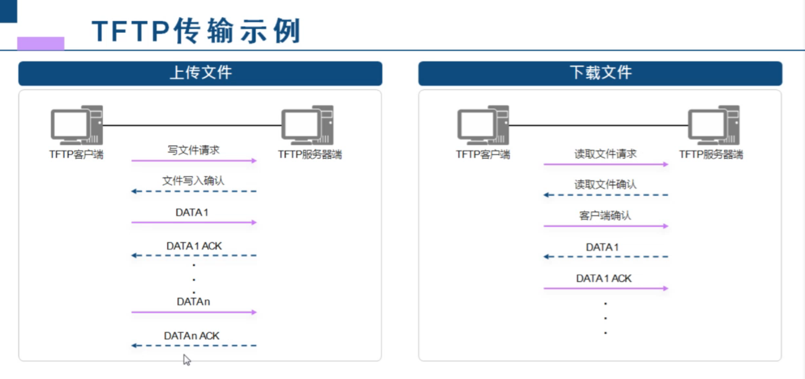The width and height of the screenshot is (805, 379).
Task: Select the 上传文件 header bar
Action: [x=200, y=73]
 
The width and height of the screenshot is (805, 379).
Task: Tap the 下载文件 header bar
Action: [x=600, y=73]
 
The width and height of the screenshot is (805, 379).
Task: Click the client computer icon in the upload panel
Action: [x=77, y=125]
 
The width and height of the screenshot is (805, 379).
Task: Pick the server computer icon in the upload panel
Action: [x=307, y=125]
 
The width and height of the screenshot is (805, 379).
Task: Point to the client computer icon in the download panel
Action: [x=483, y=125]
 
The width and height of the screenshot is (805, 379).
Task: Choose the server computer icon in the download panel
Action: [x=714, y=125]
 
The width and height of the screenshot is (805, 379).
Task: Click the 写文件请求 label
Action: [x=194, y=150]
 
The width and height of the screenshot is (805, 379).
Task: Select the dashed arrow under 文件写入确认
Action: [x=194, y=192]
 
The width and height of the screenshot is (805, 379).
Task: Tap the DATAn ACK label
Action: [x=192, y=336]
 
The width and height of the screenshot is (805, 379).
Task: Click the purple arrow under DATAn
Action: [x=194, y=312]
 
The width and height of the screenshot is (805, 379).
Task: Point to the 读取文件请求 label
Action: [x=605, y=154]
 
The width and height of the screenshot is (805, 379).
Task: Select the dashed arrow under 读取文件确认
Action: [x=605, y=195]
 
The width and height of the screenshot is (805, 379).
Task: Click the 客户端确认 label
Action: [x=605, y=215]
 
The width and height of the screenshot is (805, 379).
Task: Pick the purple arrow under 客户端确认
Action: [x=605, y=226]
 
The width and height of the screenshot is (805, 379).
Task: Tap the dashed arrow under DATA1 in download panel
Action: [x=605, y=257]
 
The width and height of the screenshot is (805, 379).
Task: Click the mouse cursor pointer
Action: [x=187, y=359]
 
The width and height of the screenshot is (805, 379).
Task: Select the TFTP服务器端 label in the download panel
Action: [x=711, y=155]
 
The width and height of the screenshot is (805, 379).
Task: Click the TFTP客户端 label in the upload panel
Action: [x=76, y=155]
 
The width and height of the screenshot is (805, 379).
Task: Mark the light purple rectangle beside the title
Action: [x=41, y=43]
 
